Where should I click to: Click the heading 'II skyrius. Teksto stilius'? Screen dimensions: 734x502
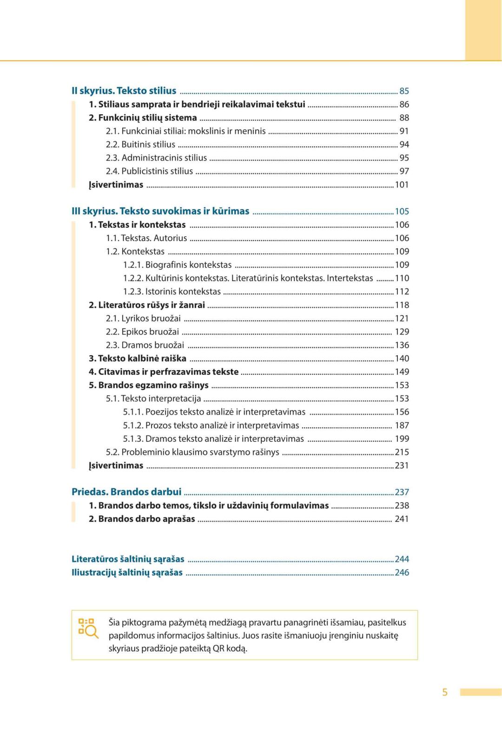coord(124,91)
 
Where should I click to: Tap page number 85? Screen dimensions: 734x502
coord(404,91)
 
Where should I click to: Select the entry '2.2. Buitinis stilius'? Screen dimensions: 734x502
coord(140,144)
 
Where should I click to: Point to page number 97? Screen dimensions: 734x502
coord(404,171)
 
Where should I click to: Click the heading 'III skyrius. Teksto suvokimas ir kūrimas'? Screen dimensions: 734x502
coord(160,211)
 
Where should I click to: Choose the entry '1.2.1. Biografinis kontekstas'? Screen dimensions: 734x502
coord(177,265)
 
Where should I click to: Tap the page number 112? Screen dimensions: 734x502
coord(402,292)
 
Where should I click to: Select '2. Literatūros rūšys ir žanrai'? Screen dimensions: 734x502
coord(147,305)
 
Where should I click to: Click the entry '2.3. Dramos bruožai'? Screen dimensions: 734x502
coord(145,345)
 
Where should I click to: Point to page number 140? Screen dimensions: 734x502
coord(402,359)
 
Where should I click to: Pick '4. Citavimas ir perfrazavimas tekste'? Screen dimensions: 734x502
coord(164,372)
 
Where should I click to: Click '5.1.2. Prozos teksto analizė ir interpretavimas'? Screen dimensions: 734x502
coord(211,426)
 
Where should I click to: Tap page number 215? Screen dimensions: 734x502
coord(402,452)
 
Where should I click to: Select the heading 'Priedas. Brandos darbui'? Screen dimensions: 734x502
coord(126,492)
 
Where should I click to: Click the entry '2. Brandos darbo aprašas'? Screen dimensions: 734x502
coord(142,519)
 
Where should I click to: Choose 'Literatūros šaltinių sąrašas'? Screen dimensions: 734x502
coord(128,559)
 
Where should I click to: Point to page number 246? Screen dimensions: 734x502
coord(402,572)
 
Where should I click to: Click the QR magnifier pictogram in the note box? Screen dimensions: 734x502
coord(88,628)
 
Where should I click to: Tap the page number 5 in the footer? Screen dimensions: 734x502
coord(445,692)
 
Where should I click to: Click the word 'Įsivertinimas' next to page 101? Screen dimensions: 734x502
coord(116,185)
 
